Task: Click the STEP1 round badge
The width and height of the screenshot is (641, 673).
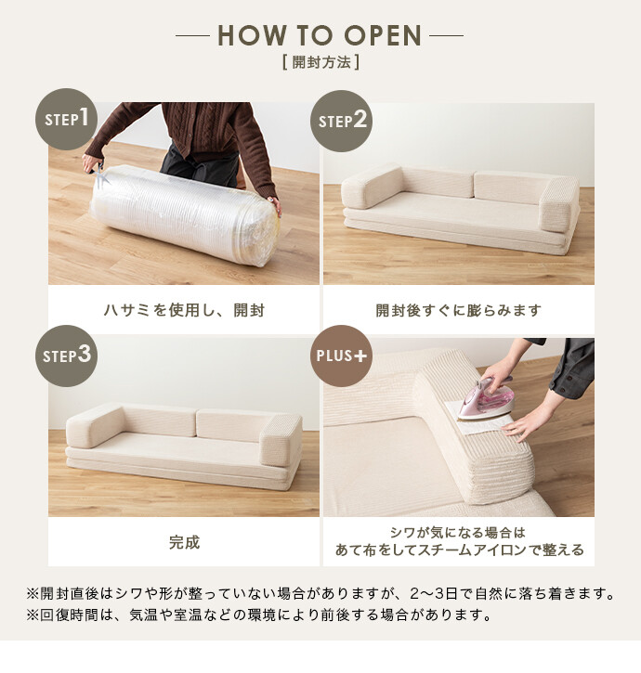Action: [x=66, y=119]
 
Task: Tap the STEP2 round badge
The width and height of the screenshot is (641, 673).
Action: [x=342, y=121]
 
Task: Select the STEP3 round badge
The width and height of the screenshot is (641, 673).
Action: [x=66, y=356]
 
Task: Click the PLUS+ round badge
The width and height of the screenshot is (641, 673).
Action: [x=342, y=356]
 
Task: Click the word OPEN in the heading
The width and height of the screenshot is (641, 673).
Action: [x=383, y=35]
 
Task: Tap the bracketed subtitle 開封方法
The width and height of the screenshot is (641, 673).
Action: [x=320, y=62]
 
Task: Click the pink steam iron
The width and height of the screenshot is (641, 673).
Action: [x=486, y=398]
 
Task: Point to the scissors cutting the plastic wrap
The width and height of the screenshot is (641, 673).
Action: [x=98, y=175]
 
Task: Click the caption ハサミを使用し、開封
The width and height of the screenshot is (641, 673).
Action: [x=184, y=310]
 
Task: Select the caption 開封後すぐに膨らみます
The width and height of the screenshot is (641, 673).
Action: [x=458, y=310]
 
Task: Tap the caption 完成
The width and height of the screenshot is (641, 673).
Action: [x=184, y=542]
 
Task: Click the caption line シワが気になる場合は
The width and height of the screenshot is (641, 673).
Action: [x=458, y=533]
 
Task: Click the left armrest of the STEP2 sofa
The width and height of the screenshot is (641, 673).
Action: [x=372, y=187]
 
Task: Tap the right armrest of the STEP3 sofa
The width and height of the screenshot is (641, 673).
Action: [x=281, y=439]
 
